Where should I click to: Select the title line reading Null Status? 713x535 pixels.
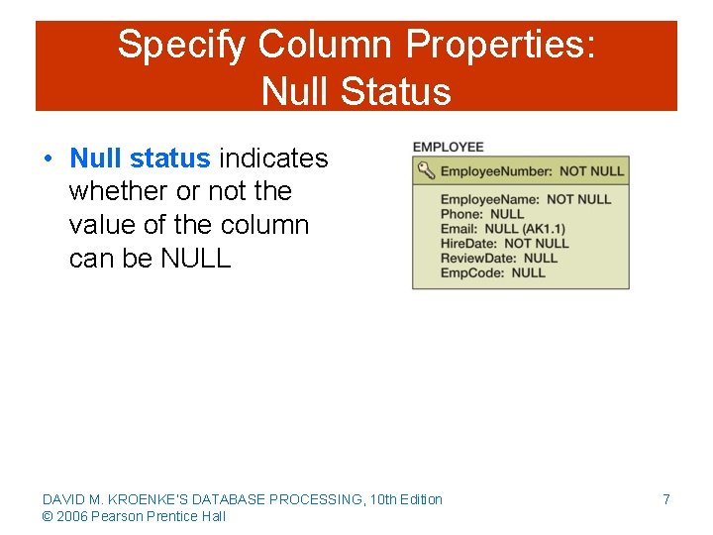tap(356, 91)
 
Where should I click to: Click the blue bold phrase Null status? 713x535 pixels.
tap(140, 159)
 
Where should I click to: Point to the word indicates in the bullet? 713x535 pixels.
tap(273, 159)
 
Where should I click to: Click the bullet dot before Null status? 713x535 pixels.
tap(48, 160)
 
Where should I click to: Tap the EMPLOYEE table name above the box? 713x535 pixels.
tap(448, 147)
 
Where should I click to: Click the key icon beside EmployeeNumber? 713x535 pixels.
tap(426, 170)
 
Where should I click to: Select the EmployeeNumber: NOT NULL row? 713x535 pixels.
tap(532, 171)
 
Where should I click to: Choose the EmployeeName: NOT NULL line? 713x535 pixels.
tap(525, 199)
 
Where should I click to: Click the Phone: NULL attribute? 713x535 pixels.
tap(482, 214)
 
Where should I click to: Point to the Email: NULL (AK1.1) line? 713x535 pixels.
tap(503, 229)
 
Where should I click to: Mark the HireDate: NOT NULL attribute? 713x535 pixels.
tap(504, 243)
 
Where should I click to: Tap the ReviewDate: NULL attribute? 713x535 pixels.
tap(498, 258)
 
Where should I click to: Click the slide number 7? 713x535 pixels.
tap(666, 499)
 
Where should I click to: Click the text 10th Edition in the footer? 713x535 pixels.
tap(406, 499)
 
